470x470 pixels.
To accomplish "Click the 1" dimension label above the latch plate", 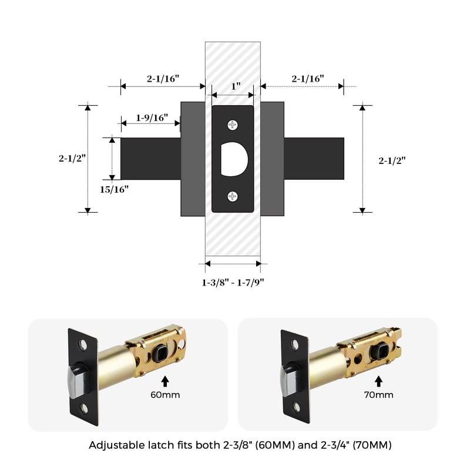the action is [236, 86].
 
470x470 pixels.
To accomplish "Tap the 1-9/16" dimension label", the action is [152, 117].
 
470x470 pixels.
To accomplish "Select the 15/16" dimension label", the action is [114, 189].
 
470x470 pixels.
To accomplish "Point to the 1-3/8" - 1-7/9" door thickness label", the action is [233, 283].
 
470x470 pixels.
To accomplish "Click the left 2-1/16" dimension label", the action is [163, 79].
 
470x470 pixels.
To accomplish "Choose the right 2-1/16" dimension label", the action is [308, 79].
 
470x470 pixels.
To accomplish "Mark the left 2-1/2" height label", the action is [72, 158].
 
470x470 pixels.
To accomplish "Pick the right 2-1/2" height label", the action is [392, 160].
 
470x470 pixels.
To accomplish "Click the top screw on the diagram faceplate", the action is [233, 125].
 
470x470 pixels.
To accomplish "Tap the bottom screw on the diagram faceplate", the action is [233, 197].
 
